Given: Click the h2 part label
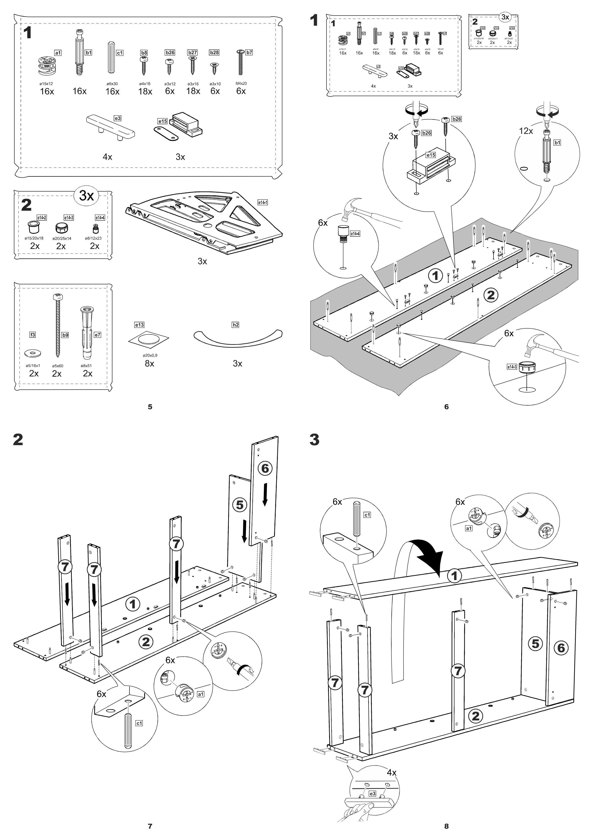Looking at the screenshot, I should pyautogui.click(x=236, y=325).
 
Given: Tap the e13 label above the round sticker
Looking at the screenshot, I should pyautogui.click(x=139, y=325).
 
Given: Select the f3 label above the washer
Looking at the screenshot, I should pyautogui.click(x=33, y=335).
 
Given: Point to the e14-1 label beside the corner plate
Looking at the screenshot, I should pyautogui.click(x=262, y=202).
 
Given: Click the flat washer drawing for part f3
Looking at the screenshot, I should pyautogui.click(x=33, y=353).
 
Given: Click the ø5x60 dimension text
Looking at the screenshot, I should pyautogui.click(x=58, y=366).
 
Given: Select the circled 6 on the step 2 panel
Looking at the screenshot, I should pyautogui.click(x=265, y=469).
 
